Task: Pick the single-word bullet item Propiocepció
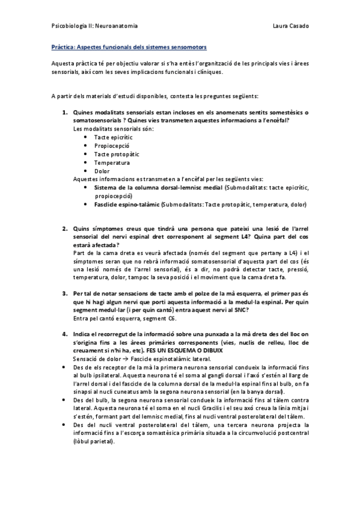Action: coord(112,146)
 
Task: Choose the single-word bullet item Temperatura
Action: coord(112,162)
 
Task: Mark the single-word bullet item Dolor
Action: coord(103,171)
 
